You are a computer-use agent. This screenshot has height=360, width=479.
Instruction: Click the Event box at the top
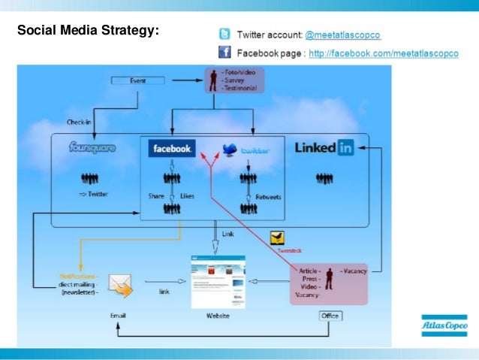click(x=137, y=80)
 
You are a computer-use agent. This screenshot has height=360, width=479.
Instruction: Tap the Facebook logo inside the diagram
click(x=173, y=149)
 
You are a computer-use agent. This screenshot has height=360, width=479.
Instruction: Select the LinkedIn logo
click(x=324, y=148)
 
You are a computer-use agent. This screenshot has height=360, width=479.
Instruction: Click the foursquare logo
click(x=92, y=148)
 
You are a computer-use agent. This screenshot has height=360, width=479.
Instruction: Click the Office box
click(x=330, y=316)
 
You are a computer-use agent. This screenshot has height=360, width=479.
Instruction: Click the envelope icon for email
click(x=122, y=284)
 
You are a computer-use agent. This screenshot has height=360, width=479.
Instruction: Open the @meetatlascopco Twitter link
click(x=342, y=35)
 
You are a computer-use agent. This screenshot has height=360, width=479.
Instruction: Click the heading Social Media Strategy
click(x=88, y=32)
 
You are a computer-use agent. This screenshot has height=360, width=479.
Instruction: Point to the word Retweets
click(x=268, y=196)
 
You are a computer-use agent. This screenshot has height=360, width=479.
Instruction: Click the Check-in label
click(x=79, y=122)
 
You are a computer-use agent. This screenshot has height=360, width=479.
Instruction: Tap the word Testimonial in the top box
click(x=239, y=88)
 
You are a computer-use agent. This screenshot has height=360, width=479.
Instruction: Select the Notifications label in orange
click(x=79, y=276)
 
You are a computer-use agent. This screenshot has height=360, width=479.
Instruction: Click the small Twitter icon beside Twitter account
click(x=224, y=35)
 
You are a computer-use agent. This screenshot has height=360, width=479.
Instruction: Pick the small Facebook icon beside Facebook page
click(x=224, y=53)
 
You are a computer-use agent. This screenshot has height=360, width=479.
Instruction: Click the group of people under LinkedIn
click(x=324, y=178)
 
